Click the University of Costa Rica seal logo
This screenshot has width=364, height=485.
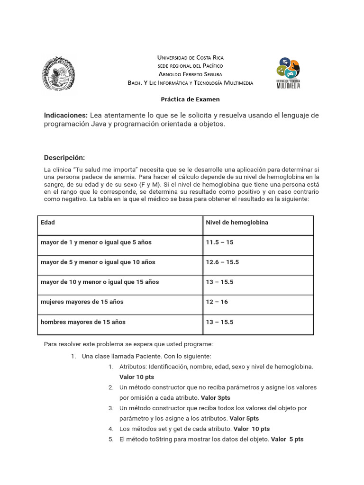pos(59,73)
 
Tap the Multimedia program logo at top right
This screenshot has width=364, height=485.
pos(288,73)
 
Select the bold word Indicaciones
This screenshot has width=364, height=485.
pos(66,116)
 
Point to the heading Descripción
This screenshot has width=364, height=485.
pos(64,158)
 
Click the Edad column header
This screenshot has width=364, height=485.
pos(48,223)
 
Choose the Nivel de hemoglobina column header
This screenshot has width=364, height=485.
pos(237,223)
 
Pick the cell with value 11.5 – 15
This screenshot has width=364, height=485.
pos(219,242)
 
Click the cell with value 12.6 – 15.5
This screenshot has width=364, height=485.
pos(222,262)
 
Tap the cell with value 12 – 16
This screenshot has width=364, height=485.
pos(217,302)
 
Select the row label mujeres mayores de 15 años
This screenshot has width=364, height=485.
pos(82,302)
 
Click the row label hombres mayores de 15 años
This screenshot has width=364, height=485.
pos(83,322)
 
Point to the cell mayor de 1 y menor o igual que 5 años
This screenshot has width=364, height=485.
pos(96,242)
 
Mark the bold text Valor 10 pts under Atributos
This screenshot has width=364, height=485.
pos(136,377)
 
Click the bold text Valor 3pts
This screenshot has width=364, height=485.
pos(216,398)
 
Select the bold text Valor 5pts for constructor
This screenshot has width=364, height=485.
pos(244,419)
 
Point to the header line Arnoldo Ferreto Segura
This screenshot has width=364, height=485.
pos(190,74)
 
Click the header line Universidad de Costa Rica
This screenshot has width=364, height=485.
pos(190,57)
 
